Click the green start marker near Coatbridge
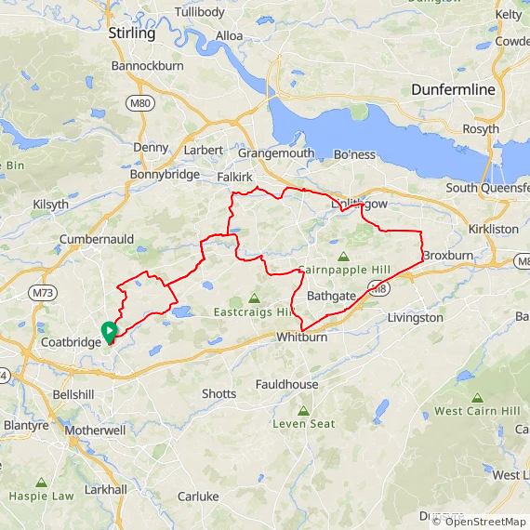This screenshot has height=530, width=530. [108, 330]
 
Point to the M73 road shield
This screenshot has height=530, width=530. [41, 293]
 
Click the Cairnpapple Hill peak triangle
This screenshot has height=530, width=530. [343, 256]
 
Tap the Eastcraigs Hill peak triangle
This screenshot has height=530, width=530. [254, 298]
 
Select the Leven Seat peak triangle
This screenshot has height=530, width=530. [303, 410]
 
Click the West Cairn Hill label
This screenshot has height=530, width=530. [474, 411]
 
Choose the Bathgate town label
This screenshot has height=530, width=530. [331, 296]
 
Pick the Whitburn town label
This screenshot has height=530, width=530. [301, 338]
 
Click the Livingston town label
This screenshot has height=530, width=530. [415, 318]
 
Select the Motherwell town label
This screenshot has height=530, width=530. [96, 431]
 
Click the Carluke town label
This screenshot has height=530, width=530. [197, 497]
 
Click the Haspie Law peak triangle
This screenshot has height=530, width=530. [41, 483]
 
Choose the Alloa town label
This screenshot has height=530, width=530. [229, 36]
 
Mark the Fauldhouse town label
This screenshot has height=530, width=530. [287, 384]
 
